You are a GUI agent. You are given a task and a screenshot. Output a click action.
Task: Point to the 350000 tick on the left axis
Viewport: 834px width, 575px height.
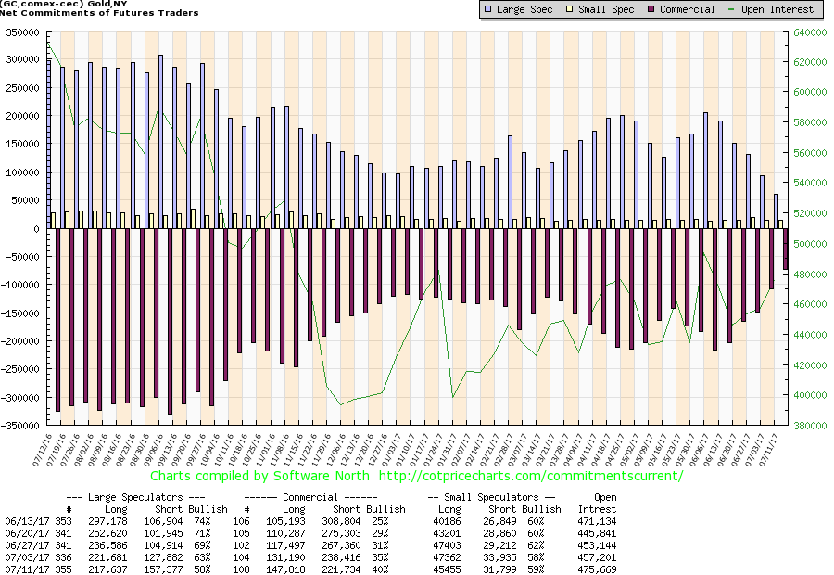point(18,32)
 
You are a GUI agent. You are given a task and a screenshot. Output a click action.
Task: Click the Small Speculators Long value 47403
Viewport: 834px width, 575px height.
point(445,544)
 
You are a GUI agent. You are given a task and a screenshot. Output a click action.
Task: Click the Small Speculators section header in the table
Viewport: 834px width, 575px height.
point(491,498)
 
